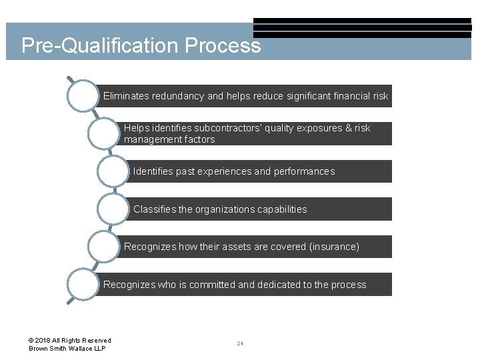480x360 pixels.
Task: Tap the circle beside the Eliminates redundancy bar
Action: pyautogui.click(x=83, y=96)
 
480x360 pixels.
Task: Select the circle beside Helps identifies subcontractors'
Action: pyautogui.click(x=104, y=133)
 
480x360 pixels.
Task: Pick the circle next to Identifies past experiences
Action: pyautogui.click(x=113, y=171)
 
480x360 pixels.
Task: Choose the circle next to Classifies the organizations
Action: pyautogui.click(x=113, y=209)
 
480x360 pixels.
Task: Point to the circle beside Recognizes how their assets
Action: pyautogui.click(x=104, y=247)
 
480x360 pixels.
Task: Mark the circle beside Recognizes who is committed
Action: pyautogui.click(x=83, y=285)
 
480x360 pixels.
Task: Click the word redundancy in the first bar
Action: pyautogui.click(x=178, y=96)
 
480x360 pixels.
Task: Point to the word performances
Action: pyautogui.click(x=304, y=171)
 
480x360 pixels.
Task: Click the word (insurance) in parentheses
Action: pyautogui.click(x=334, y=247)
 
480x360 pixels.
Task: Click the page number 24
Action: pyautogui.click(x=240, y=343)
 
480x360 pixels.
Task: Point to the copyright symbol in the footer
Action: pyautogui.click(x=32, y=341)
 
